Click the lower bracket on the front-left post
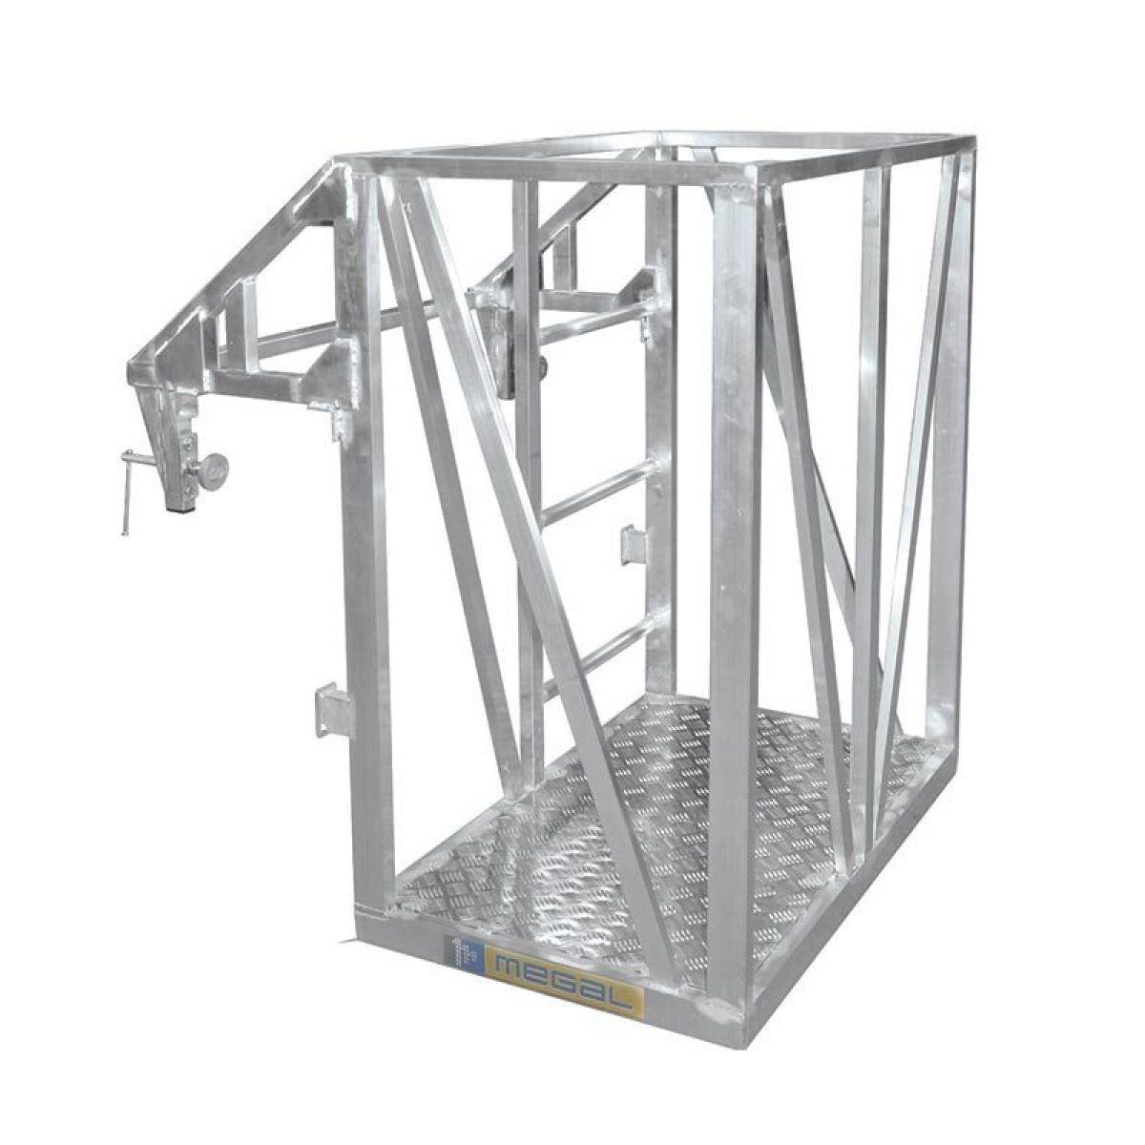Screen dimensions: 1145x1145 pos(329,709)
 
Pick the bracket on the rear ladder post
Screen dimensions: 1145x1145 pos(633,544)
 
